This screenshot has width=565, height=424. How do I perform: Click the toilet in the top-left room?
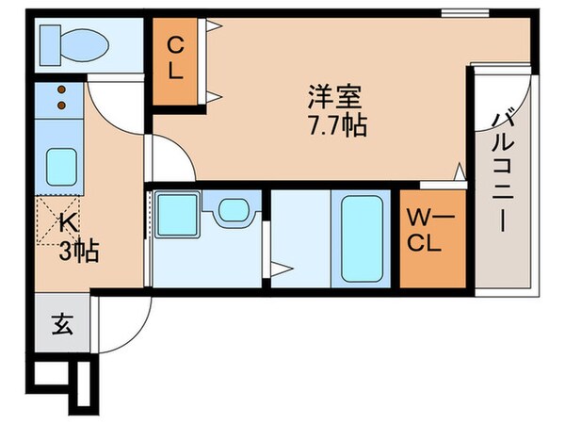point(72,42)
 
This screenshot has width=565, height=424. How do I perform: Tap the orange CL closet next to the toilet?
point(175,59)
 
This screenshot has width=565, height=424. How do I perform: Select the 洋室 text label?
point(333,96)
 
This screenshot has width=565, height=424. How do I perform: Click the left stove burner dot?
point(53,91)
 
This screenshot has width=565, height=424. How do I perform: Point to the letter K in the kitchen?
point(68,224)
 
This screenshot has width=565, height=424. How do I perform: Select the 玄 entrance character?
point(61,325)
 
